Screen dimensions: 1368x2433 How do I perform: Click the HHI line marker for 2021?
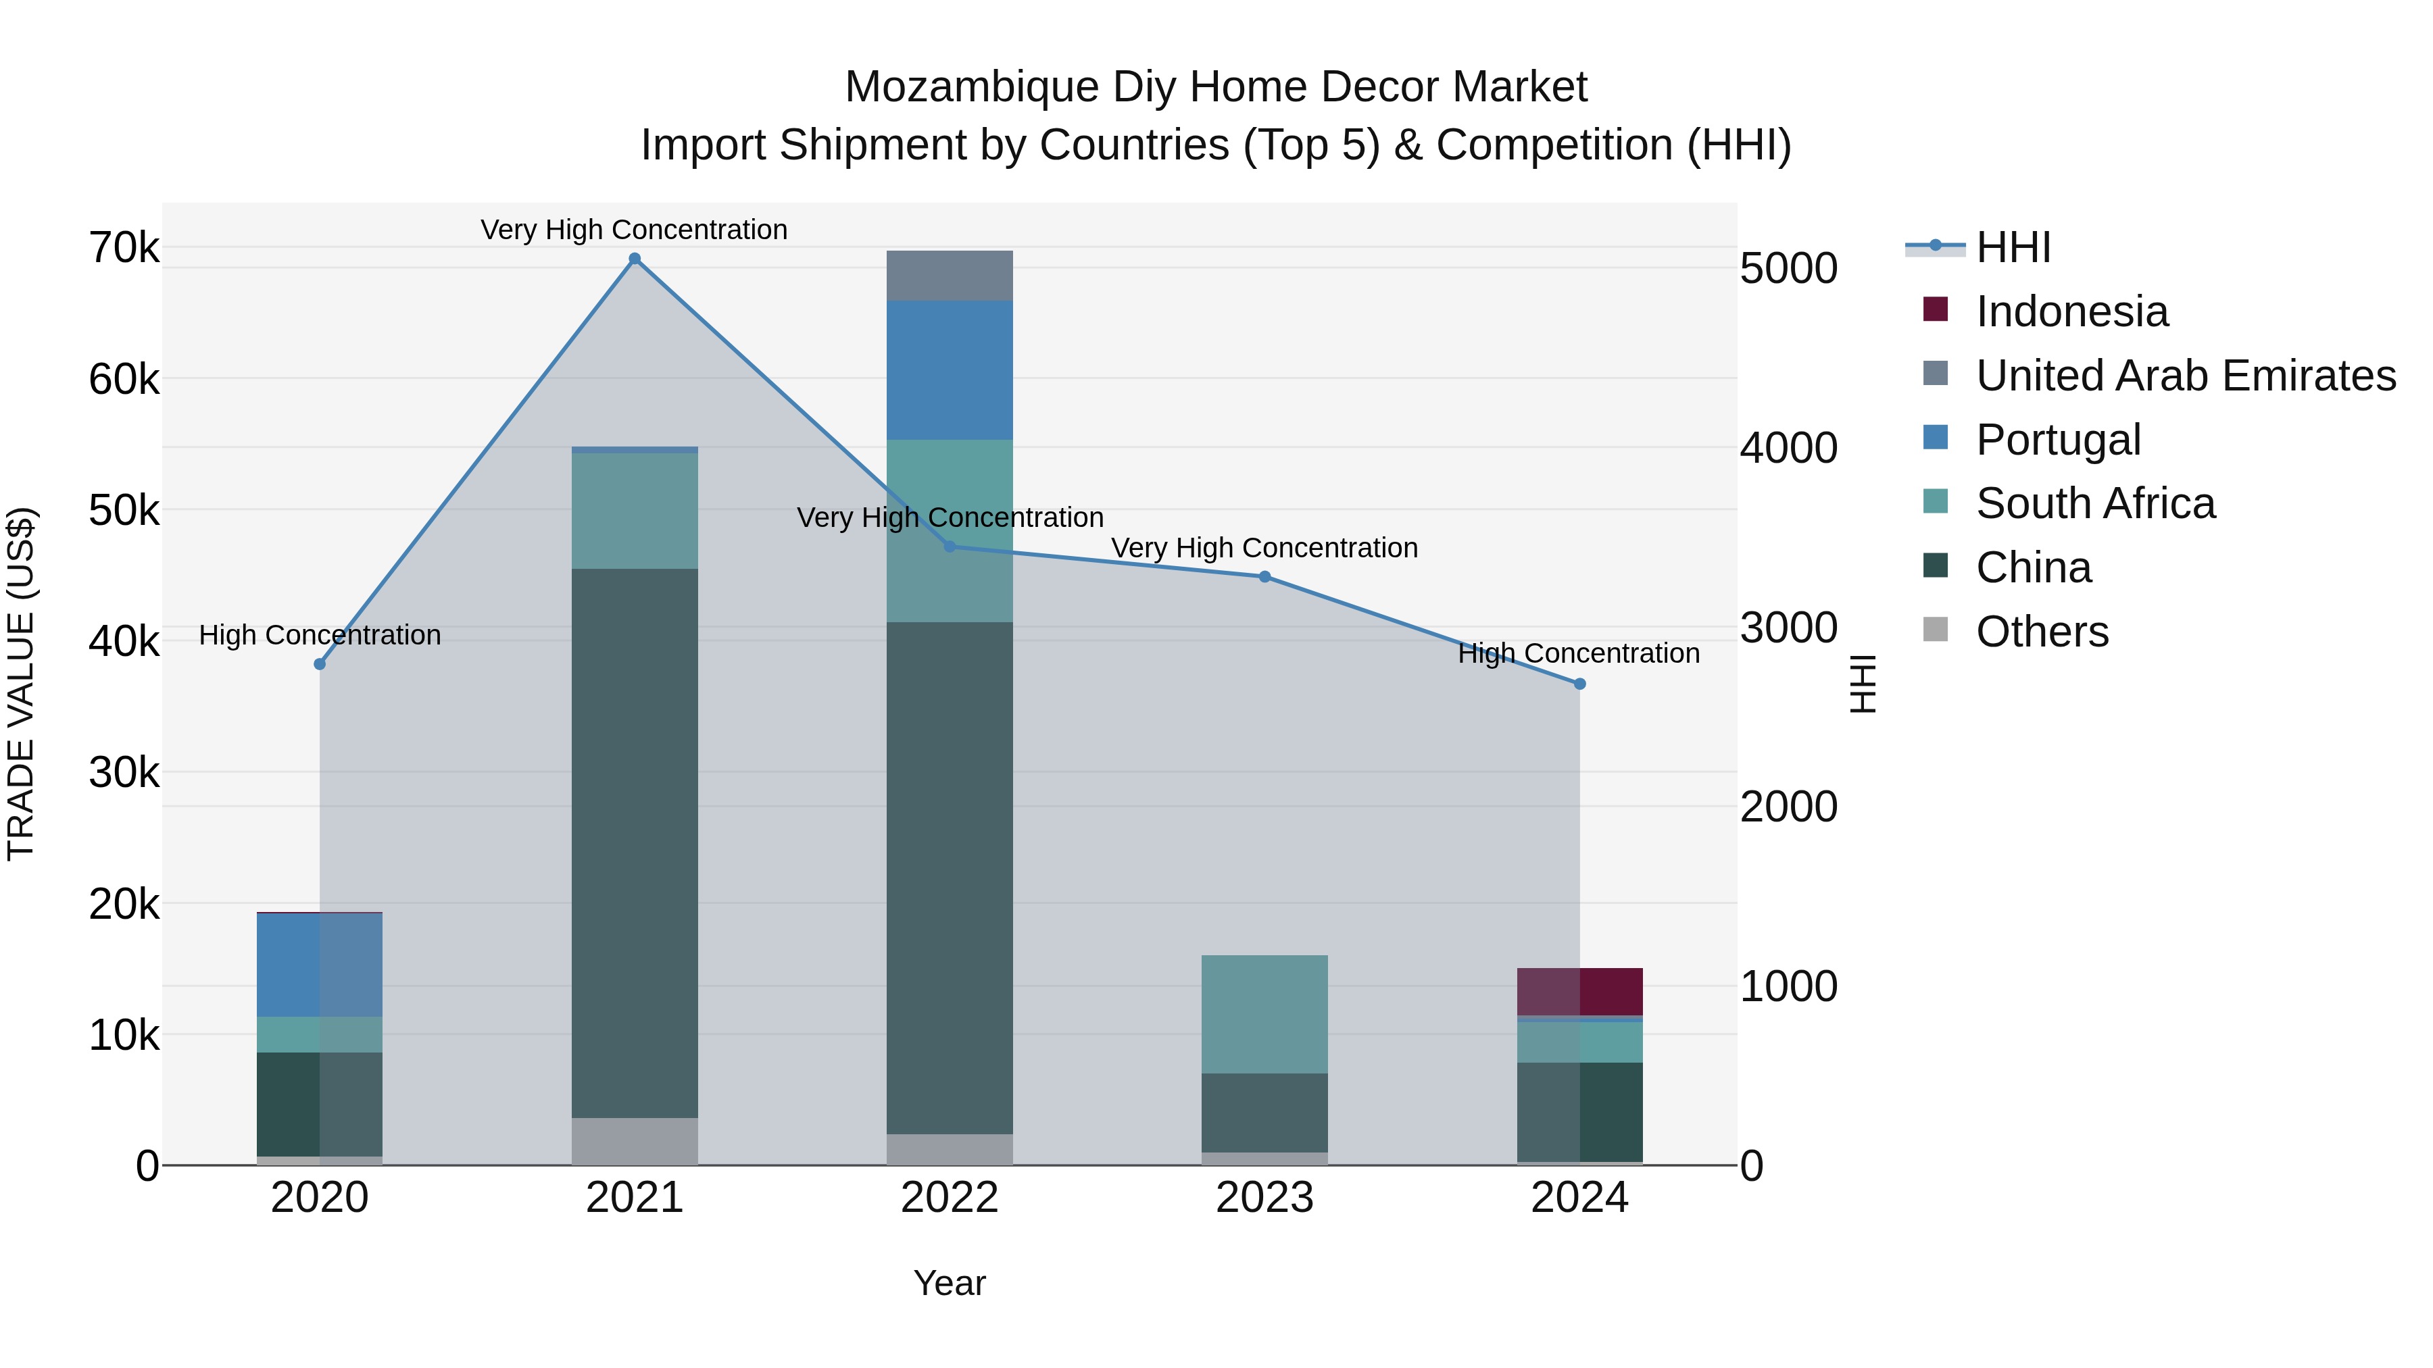point(635,259)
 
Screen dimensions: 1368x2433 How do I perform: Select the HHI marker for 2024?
point(1579,684)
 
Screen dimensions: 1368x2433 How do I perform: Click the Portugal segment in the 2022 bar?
point(950,370)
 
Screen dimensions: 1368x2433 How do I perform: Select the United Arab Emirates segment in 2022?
point(950,276)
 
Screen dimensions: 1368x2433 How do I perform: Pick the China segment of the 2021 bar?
point(635,842)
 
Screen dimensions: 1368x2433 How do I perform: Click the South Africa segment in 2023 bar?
point(1264,1014)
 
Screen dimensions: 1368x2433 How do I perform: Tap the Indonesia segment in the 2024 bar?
point(1579,991)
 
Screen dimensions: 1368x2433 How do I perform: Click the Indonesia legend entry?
point(2071,311)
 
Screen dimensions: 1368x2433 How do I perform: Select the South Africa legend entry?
point(2095,503)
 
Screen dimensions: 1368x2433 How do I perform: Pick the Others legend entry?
point(2042,632)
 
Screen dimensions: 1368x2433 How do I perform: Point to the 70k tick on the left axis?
point(124,249)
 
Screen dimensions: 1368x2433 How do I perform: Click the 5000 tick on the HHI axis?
point(1788,268)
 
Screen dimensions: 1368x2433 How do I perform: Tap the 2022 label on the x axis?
point(950,1198)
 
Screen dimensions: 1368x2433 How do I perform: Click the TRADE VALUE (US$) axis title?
point(21,684)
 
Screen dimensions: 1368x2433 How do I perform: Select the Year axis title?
point(950,1283)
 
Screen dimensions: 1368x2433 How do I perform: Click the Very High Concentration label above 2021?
point(634,230)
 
